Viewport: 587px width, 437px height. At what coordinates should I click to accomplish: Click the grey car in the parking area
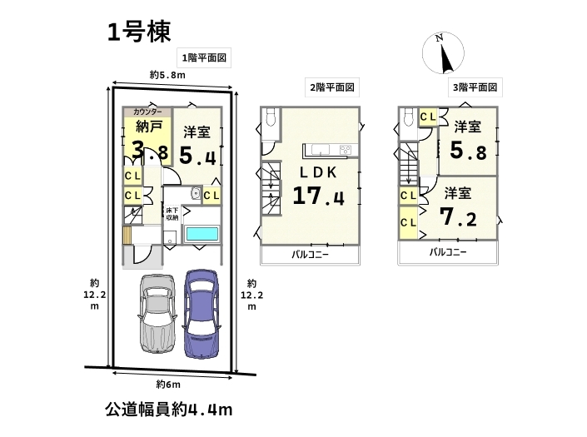click(x=157, y=314)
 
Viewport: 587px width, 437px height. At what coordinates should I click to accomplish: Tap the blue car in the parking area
click(x=201, y=314)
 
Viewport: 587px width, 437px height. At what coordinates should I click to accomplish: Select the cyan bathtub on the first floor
click(x=202, y=234)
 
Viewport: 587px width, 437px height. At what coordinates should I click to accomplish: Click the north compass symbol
click(x=443, y=53)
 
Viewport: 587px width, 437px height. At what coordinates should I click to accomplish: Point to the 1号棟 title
click(x=139, y=32)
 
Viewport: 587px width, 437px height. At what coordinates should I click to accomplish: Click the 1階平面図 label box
click(x=204, y=57)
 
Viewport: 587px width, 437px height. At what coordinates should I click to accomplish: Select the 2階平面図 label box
click(x=332, y=87)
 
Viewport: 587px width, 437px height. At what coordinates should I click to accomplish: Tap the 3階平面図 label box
click(x=475, y=87)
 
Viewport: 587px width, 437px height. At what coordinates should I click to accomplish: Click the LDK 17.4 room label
click(x=318, y=185)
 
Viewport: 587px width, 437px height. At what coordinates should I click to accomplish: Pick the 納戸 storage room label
click(x=148, y=127)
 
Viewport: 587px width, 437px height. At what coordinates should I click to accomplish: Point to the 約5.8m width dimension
click(x=167, y=75)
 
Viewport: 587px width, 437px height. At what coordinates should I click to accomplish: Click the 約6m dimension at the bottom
click(x=168, y=385)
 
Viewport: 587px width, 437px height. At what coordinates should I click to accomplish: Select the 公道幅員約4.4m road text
click(x=169, y=410)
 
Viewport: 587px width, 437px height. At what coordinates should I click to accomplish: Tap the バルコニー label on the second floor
click(x=310, y=255)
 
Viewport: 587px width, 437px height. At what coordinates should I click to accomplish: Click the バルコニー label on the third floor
click(x=448, y=252)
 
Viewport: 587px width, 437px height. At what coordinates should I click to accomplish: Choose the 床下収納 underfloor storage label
click(x=172, y=214)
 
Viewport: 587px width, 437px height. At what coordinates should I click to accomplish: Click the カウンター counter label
click(x=147, y=112)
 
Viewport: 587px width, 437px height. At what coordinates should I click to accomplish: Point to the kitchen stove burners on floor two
click(x=346, y=150)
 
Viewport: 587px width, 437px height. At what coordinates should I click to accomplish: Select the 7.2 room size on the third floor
click(x=458, y=217)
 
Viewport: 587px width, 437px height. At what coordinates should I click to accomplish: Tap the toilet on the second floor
click(x=270, y=117)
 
